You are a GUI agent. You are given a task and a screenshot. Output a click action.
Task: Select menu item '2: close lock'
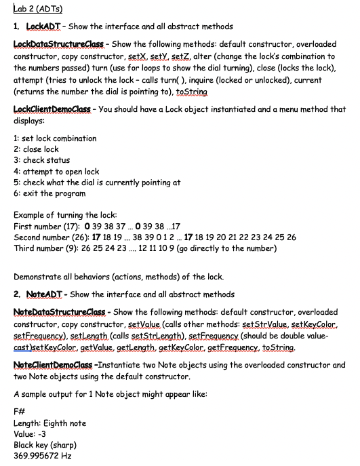tap(36, 149)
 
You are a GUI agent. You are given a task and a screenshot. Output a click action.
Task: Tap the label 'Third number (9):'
tap(43, 248)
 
